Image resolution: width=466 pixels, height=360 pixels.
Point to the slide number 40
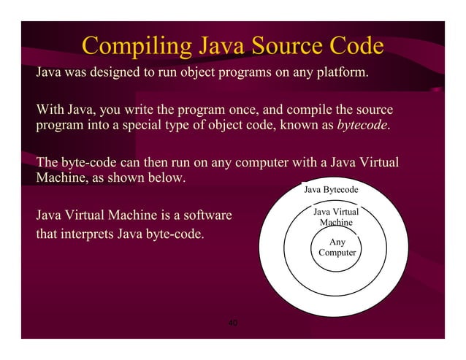[233, 323]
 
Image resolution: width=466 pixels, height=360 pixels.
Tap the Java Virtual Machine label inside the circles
[336, 217]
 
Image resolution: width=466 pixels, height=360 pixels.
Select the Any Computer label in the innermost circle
[337, 247]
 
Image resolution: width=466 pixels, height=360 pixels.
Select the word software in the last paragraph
[205, 216]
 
